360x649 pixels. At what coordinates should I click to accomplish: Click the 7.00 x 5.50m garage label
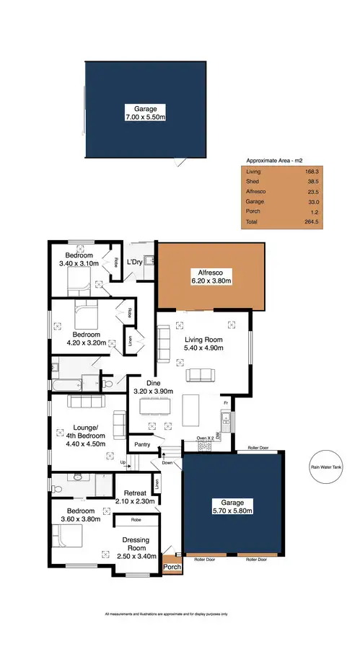[145, 112]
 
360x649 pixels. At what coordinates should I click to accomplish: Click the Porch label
[172, 566]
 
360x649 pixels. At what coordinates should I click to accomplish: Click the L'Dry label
[136, 262]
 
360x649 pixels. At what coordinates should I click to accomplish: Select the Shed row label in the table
[253, 182]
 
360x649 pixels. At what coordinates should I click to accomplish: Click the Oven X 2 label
[206, 437]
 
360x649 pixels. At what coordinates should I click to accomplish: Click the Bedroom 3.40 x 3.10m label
[79, 260]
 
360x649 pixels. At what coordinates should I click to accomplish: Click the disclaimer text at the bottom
[166, 614]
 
